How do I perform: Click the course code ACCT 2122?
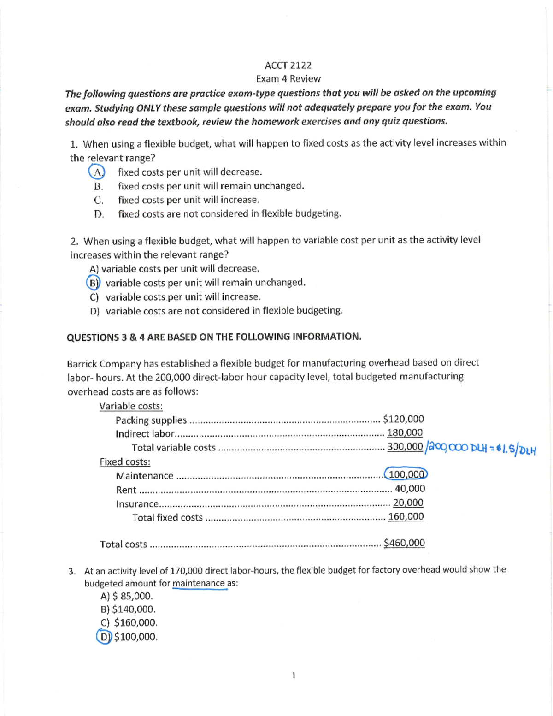click(288, 65)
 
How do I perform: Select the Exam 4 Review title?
click(288, 79)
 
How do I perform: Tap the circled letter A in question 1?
click(97, 172)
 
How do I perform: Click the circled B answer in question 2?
click(93, 283)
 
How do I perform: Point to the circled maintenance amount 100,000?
click(406, 474)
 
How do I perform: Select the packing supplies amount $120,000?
click(403, 419)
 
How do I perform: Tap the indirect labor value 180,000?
click(405, 433)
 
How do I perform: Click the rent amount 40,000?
click(410, 489)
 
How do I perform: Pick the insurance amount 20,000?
click(408, 503)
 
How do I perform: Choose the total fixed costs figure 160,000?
click(406, 517)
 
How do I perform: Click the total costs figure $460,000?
click(404, 543)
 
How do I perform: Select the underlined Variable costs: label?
click(131, 406)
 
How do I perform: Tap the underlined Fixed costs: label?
click(125, 462)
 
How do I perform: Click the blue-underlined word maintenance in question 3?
click(198, 583)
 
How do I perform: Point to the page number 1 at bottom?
click(294, 675)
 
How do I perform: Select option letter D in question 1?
click(98, 214)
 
